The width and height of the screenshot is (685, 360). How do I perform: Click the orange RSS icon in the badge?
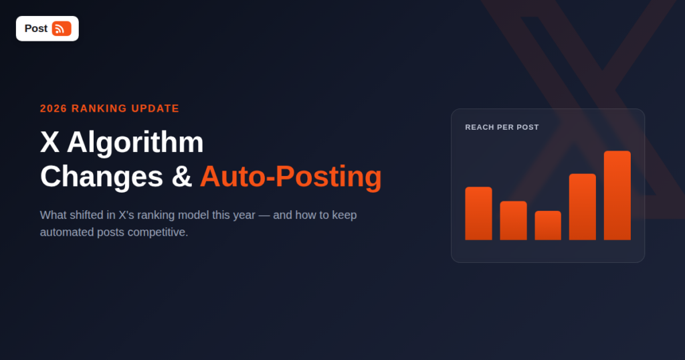[62, 29]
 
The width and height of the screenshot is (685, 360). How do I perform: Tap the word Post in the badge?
[36, 29]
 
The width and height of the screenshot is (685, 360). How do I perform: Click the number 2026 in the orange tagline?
[54, 108]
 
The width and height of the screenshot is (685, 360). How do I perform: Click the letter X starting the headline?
[50, 142]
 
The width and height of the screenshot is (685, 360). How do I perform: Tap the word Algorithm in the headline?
[135, 143]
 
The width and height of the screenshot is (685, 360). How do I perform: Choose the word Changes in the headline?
[102, 177]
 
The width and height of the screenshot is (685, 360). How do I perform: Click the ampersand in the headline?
[182, 177]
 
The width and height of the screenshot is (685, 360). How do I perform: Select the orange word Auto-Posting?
[291, 177]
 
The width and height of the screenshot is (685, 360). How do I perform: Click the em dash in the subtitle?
[264, 215]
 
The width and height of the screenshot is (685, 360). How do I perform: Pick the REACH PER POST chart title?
[502, 127]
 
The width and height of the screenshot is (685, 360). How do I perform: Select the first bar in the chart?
[478, 213]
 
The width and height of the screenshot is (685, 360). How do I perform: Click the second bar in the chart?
[513, 221]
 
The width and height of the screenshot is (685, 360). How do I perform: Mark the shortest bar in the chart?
[548, 226]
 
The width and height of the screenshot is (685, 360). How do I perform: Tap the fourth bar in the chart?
[583, 207]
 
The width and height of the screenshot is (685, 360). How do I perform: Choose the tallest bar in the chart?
[617, 195]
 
